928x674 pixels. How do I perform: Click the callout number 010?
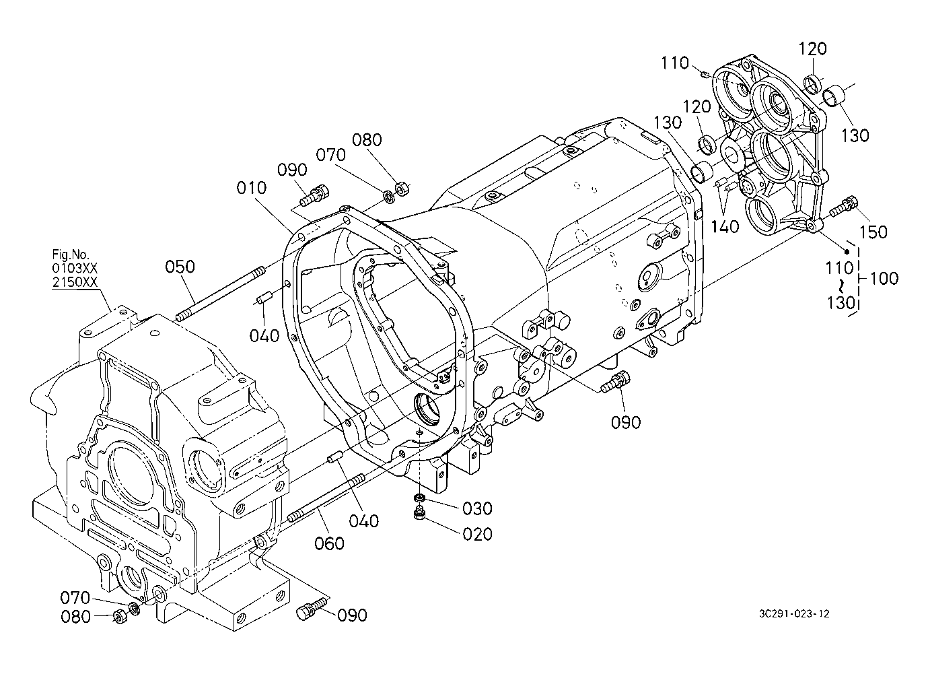coord(252,188)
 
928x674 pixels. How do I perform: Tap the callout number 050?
coord(180,267)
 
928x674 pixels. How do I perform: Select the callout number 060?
coord(329,543)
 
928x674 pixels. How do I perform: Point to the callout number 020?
coord(477,535)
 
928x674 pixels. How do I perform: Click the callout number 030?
coord(477,508)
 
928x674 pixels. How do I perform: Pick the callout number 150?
coord(873,232)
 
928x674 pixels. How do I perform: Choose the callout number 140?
coord(725,227)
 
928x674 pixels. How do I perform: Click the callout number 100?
coord(884,278)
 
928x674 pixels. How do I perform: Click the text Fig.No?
coord(71,254)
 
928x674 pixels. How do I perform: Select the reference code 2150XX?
coord(75,282)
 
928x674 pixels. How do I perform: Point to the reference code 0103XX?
coord(75,268)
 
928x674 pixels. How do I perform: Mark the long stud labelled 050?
coord(220,294)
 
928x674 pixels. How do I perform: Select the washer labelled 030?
coord(420,498)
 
